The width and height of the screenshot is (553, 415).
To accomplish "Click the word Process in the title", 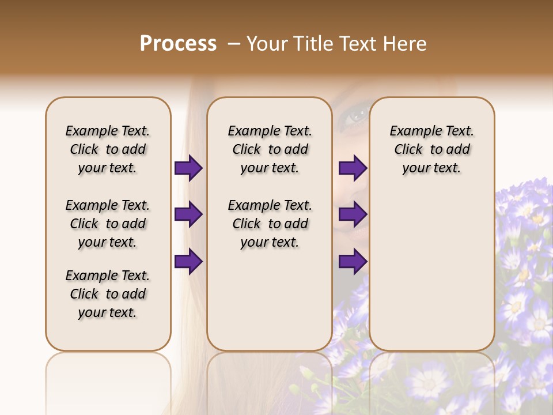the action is coord(178,44).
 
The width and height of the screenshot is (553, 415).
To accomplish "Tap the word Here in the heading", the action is coord(405,44).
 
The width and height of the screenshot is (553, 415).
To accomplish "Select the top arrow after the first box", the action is coord(188,168).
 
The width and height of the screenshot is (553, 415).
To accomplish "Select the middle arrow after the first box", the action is coord(188,215).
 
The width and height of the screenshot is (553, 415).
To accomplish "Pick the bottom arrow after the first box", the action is coord(188,262).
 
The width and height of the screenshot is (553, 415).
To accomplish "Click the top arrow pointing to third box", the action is coord(353,168).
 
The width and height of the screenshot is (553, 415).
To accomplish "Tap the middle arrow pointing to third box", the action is coord(353,215).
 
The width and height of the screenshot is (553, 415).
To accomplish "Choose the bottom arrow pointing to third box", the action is coord(353,262).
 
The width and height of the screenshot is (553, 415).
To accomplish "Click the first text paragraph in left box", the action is coord(108,149).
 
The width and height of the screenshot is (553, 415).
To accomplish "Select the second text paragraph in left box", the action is coord(108,224).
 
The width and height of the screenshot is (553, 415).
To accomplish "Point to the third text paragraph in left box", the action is coord(108,294).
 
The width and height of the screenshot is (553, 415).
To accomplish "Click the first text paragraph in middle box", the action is coord(270,149).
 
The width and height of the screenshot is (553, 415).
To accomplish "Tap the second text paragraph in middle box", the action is coord(270,224).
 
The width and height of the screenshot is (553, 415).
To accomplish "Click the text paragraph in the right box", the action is coord(431,149).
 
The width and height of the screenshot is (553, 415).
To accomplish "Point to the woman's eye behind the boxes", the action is coord(353,114).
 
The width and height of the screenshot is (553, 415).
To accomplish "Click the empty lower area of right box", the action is coord(431,277).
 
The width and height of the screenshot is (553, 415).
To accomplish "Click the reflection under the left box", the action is coord(108,380).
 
